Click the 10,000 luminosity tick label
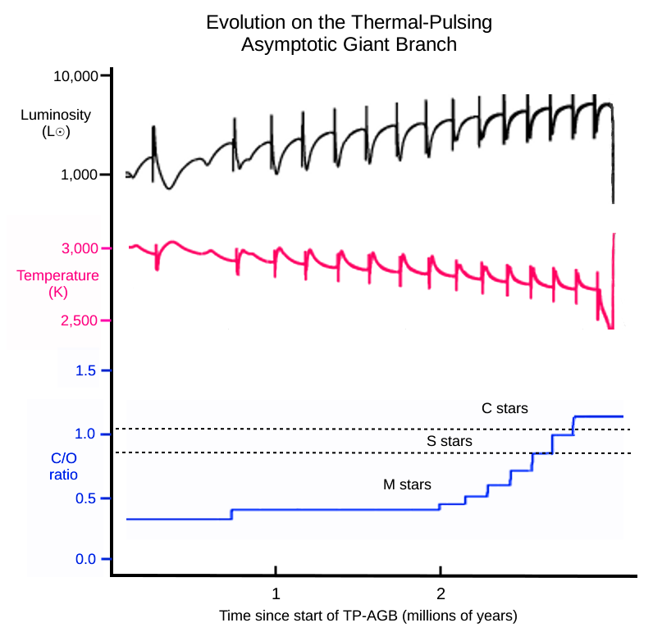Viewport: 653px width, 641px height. (x=75, y=76)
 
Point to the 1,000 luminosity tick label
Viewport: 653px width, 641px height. (x=80, y=175)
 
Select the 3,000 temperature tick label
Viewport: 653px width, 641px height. (x=80, y=248)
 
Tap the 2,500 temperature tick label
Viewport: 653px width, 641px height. (x=80, y=320)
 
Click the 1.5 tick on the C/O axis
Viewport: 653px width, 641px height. (x=86, y=371)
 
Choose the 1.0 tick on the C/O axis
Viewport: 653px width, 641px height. (x=86, y=434)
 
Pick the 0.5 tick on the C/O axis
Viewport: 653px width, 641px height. (x=86, y=498)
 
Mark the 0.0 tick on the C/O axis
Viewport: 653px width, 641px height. (x=86, y=559)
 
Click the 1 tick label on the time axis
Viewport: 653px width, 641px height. (x=276, y=593)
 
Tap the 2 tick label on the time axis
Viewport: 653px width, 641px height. (x=441, y=593)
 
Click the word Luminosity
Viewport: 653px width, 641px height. (x=55, y=115)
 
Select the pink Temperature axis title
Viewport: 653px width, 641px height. (x=57, y=276)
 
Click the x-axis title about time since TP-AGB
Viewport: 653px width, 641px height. (x=368, y=615)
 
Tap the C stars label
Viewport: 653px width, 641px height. (x=505, y=407)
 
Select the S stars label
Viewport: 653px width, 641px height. (x=449, y=442)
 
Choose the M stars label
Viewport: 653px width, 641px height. (x=407, y=484)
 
